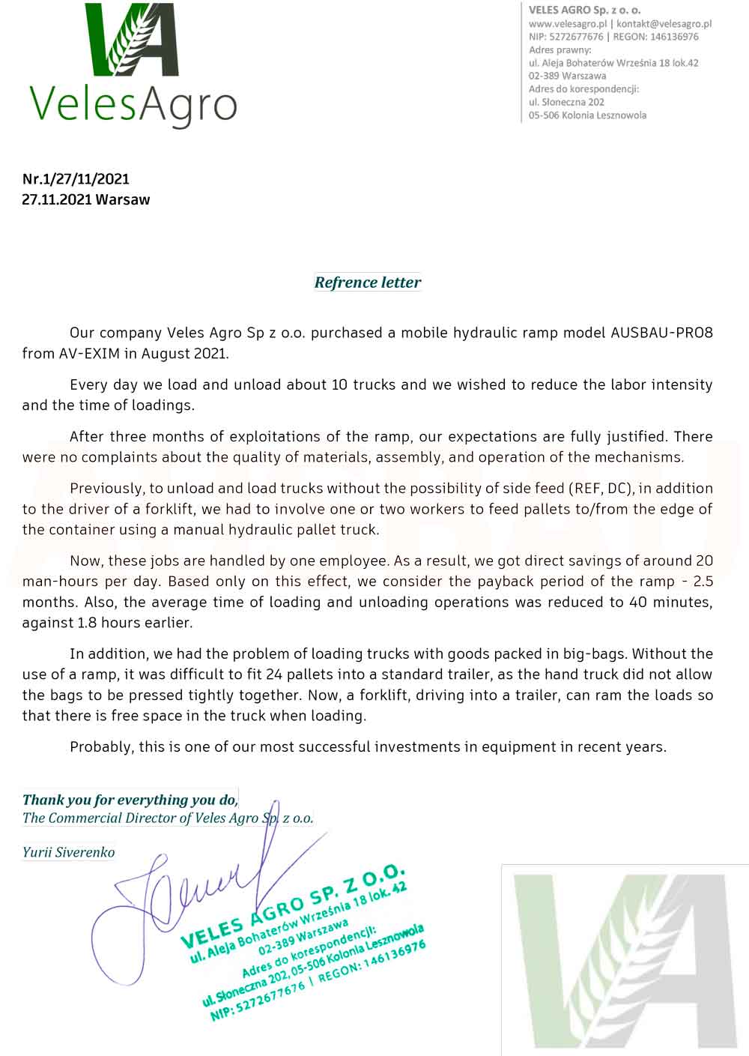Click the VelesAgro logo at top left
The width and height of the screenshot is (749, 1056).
click(133, 65)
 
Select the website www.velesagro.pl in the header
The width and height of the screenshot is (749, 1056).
click(567, 24)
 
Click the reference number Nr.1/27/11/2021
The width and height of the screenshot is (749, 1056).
click(76, 179)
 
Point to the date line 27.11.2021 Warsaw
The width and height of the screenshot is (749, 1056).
click(86, 200)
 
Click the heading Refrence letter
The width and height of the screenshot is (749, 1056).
click(368, 283)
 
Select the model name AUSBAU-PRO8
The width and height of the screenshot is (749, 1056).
click(662, 333)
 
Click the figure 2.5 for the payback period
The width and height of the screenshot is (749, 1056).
click(703, 582)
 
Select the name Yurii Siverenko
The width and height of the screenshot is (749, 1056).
click(68, 853)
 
